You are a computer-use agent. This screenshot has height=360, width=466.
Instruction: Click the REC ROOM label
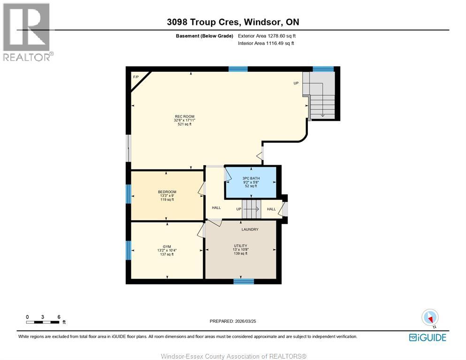pos(184,116)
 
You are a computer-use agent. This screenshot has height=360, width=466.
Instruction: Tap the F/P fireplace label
pos(136,77)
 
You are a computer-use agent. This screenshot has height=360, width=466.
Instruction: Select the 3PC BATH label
pos(251,178)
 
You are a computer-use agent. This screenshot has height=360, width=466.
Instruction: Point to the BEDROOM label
pos(167,192)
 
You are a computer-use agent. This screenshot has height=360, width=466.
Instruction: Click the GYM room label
pos(167,247)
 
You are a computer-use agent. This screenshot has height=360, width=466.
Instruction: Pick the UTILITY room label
pos(240,246)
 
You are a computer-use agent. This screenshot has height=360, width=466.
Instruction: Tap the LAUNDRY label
pos(250,230)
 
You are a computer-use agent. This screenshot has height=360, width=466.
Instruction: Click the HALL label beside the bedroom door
pos(216,208)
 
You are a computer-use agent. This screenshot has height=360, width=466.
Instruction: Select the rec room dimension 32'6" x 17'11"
pos(184,121)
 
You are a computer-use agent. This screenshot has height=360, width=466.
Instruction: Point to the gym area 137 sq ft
pos(167,254)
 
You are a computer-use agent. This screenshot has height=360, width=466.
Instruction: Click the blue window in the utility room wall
pos(244,281)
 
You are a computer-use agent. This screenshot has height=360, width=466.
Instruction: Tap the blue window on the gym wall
pos(129,250)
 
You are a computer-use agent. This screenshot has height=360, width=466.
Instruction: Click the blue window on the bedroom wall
pos(129,194)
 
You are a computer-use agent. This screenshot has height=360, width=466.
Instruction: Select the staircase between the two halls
pos(252,209)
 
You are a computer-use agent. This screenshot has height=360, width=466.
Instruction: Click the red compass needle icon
pos(429,319)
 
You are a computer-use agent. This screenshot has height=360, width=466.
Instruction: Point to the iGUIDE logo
pos(428,337)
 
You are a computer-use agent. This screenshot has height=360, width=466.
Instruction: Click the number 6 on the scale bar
pos(59,317)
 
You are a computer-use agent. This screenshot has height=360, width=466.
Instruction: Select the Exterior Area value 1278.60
pos(276,36)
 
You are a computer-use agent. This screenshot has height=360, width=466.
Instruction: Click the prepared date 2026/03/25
pos(245,322)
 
